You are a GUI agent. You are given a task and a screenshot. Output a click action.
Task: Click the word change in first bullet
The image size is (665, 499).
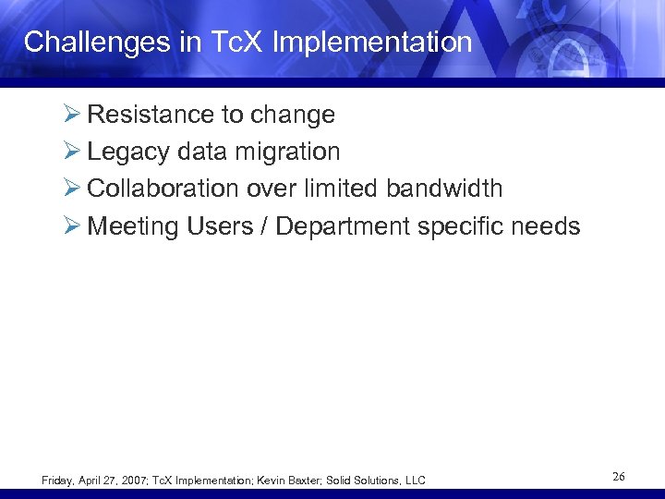point(292,116)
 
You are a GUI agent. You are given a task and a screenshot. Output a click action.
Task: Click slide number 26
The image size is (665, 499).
point(618,477)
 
